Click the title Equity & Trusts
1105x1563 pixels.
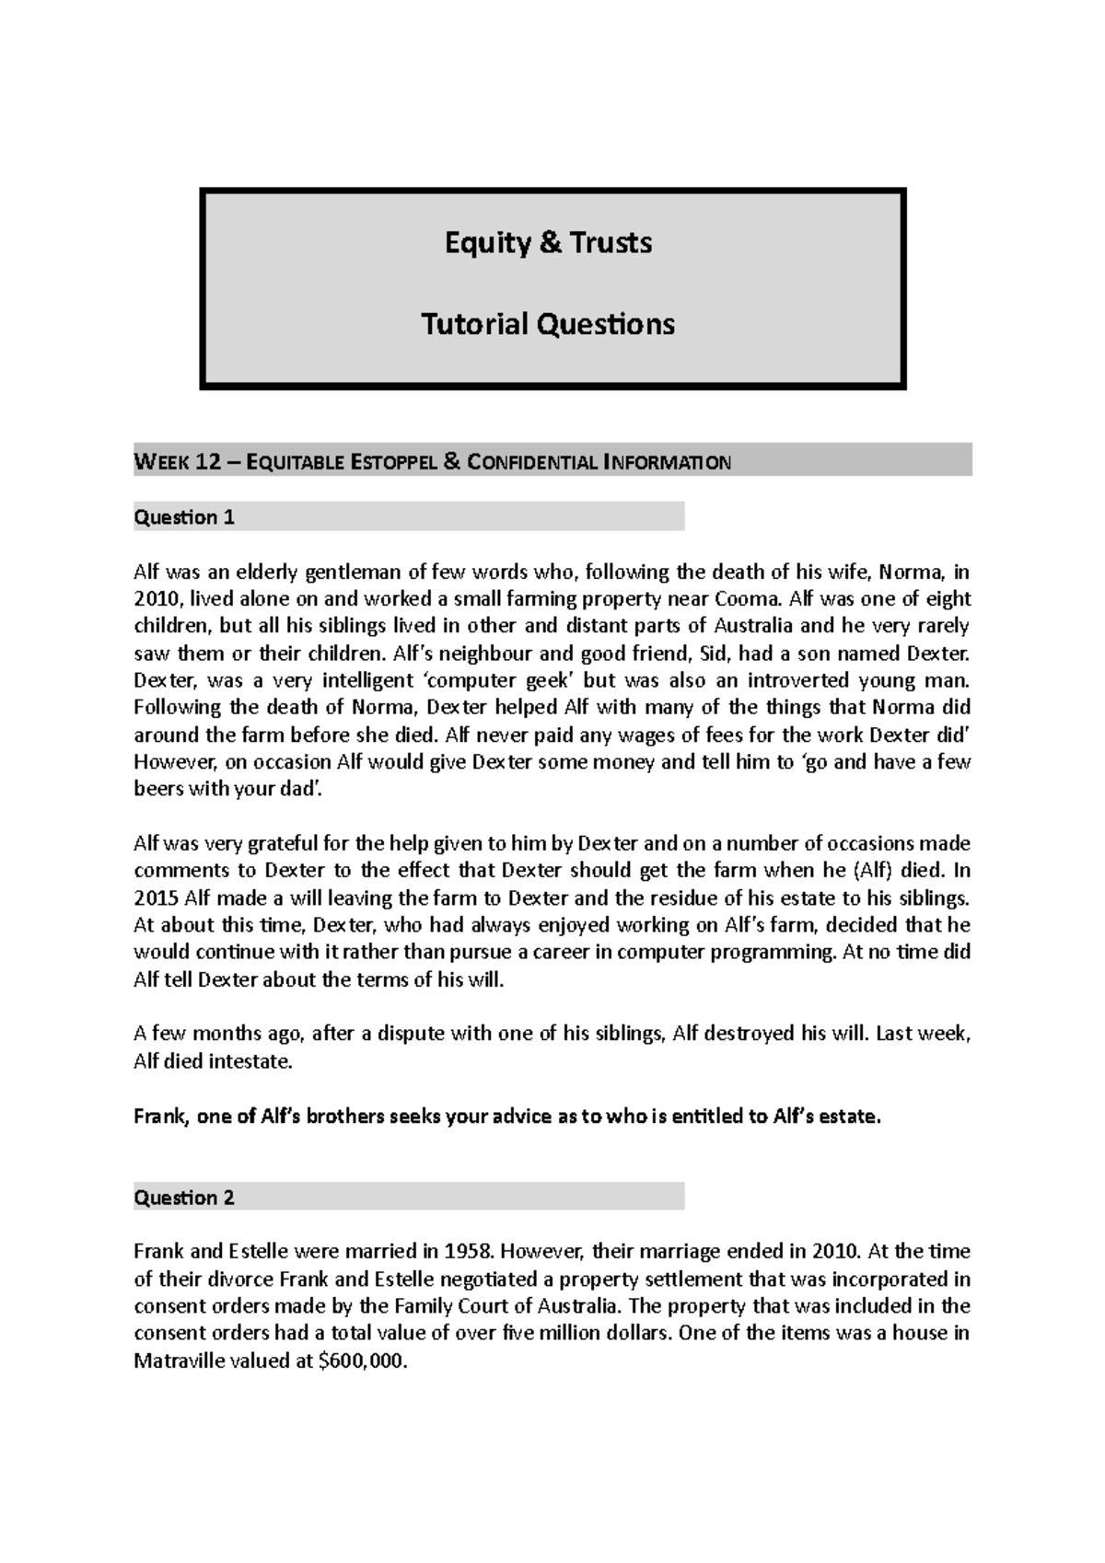(549, 243)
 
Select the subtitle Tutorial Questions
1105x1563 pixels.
(548, 324)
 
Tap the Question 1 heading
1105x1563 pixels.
(184, 517)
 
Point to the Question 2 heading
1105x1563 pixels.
(184, 1198)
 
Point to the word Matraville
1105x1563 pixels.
(178, 1361)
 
